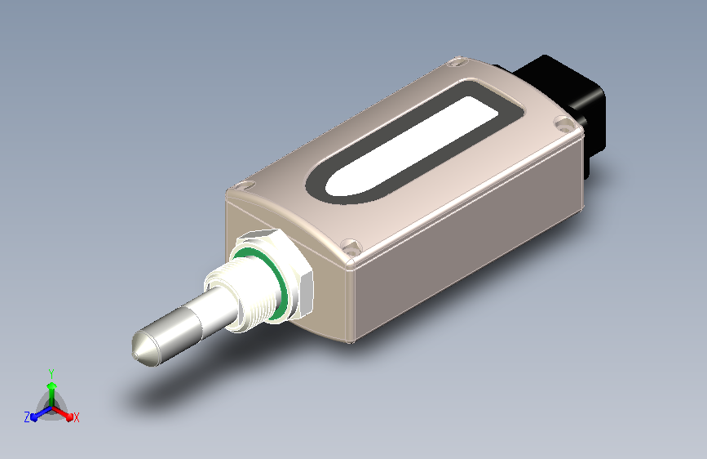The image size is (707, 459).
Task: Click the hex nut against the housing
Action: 289,266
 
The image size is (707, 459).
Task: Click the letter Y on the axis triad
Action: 51,374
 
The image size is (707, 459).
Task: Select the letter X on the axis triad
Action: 76,417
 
